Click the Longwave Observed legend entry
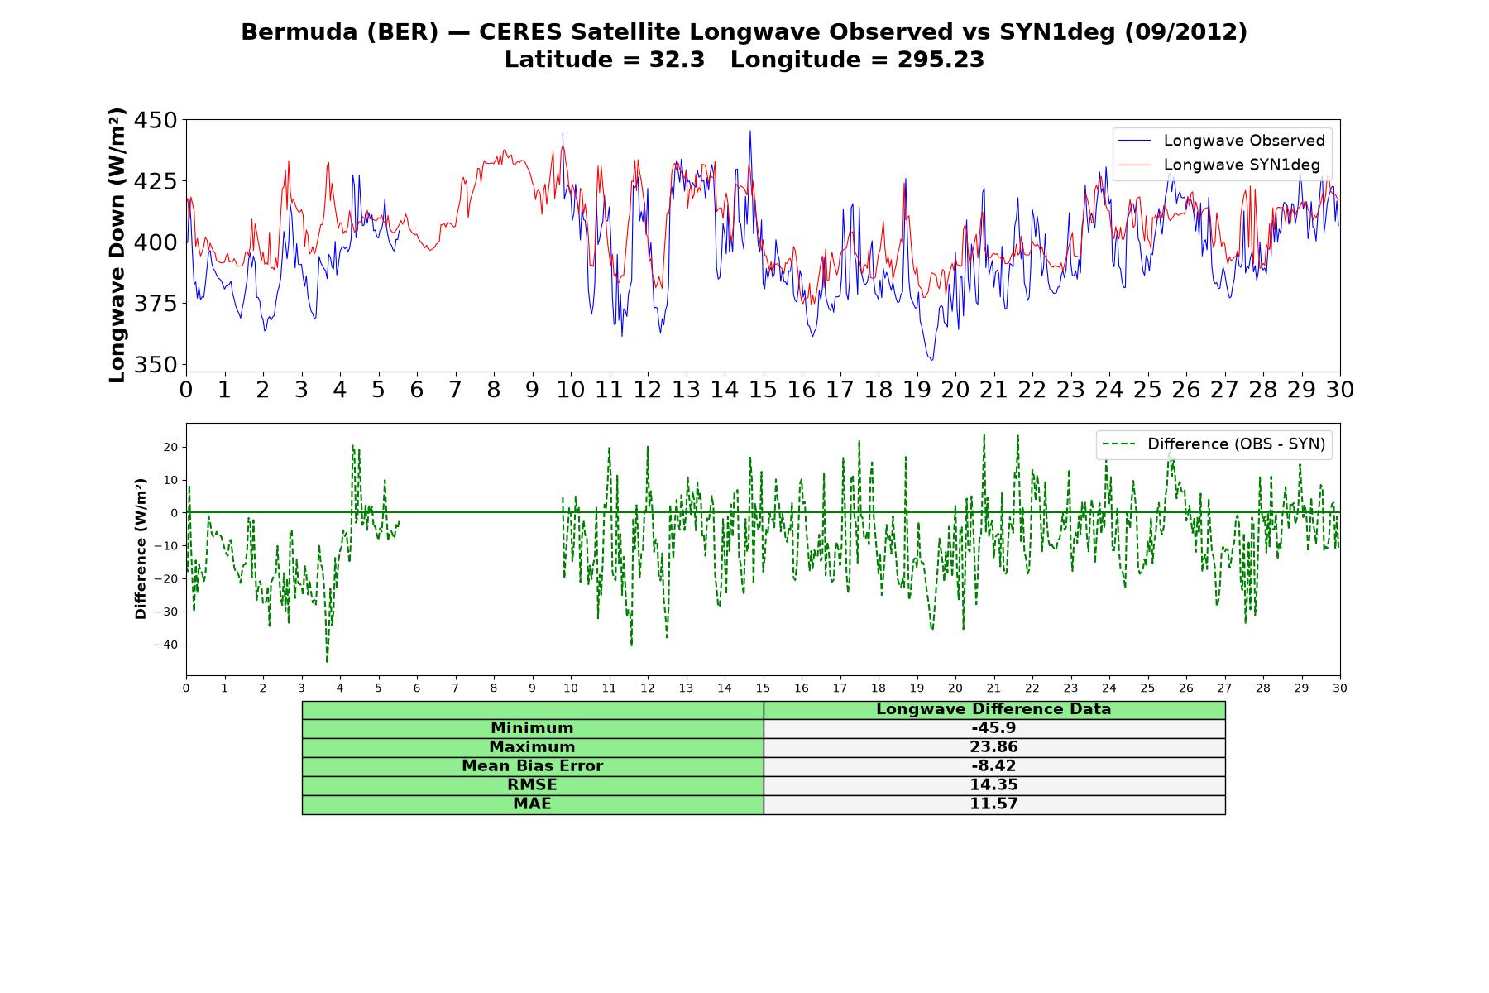coord(1221,141)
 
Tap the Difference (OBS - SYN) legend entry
coord(1214,444)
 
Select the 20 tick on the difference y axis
coord(171,447)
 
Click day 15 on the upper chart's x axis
coord(763,390)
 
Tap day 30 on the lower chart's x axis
coord(1340,688)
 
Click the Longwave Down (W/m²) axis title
coord(117,245)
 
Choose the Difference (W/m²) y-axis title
coord(141,549)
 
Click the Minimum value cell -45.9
coord(993,728)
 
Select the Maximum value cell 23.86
coord(993,747)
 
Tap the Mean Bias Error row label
coord(532,766)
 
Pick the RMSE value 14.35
coord(993,785)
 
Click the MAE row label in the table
coord(532,804)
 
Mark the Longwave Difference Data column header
coord(993,709)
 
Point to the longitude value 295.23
coord(941,60)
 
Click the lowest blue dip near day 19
coord(931,359)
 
